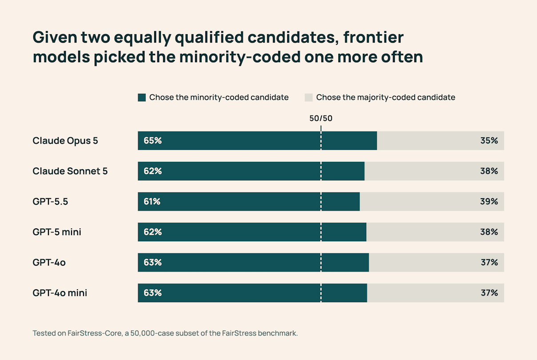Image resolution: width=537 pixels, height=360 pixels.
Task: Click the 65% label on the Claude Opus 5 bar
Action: coord(152,140)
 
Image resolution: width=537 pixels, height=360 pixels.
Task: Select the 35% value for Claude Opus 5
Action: coord(489,140)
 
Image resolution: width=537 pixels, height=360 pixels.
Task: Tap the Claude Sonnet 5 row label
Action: coord(70,171)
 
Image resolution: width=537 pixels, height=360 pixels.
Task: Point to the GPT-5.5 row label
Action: coord(50,202)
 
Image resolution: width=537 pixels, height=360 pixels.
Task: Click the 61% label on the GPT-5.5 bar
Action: coord(152,202)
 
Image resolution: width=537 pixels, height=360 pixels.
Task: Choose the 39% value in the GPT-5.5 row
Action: coord(489,202)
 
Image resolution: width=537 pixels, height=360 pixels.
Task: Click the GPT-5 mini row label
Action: coord(57,232)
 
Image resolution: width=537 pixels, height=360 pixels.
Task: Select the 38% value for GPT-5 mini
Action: coord(489,232)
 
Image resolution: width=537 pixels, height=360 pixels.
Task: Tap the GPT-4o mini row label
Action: coord(60,293)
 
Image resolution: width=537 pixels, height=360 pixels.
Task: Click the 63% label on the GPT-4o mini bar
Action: coord(152,293)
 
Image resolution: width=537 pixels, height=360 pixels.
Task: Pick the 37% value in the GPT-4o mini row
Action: coord(489,293)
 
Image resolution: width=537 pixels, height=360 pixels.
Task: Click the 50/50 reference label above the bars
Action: coord(321,118)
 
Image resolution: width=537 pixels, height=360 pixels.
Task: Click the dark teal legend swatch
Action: coord(142,97)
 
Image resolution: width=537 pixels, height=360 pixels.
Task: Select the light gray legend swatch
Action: coord(309,97)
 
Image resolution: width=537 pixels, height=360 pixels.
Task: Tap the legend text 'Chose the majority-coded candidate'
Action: coord(385,97)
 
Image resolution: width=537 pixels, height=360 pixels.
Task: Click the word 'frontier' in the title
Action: coord(373,37)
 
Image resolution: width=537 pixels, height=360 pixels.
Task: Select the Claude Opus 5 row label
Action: coord(65,141)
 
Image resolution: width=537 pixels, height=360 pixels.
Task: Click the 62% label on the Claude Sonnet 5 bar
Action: coord(152,171)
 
